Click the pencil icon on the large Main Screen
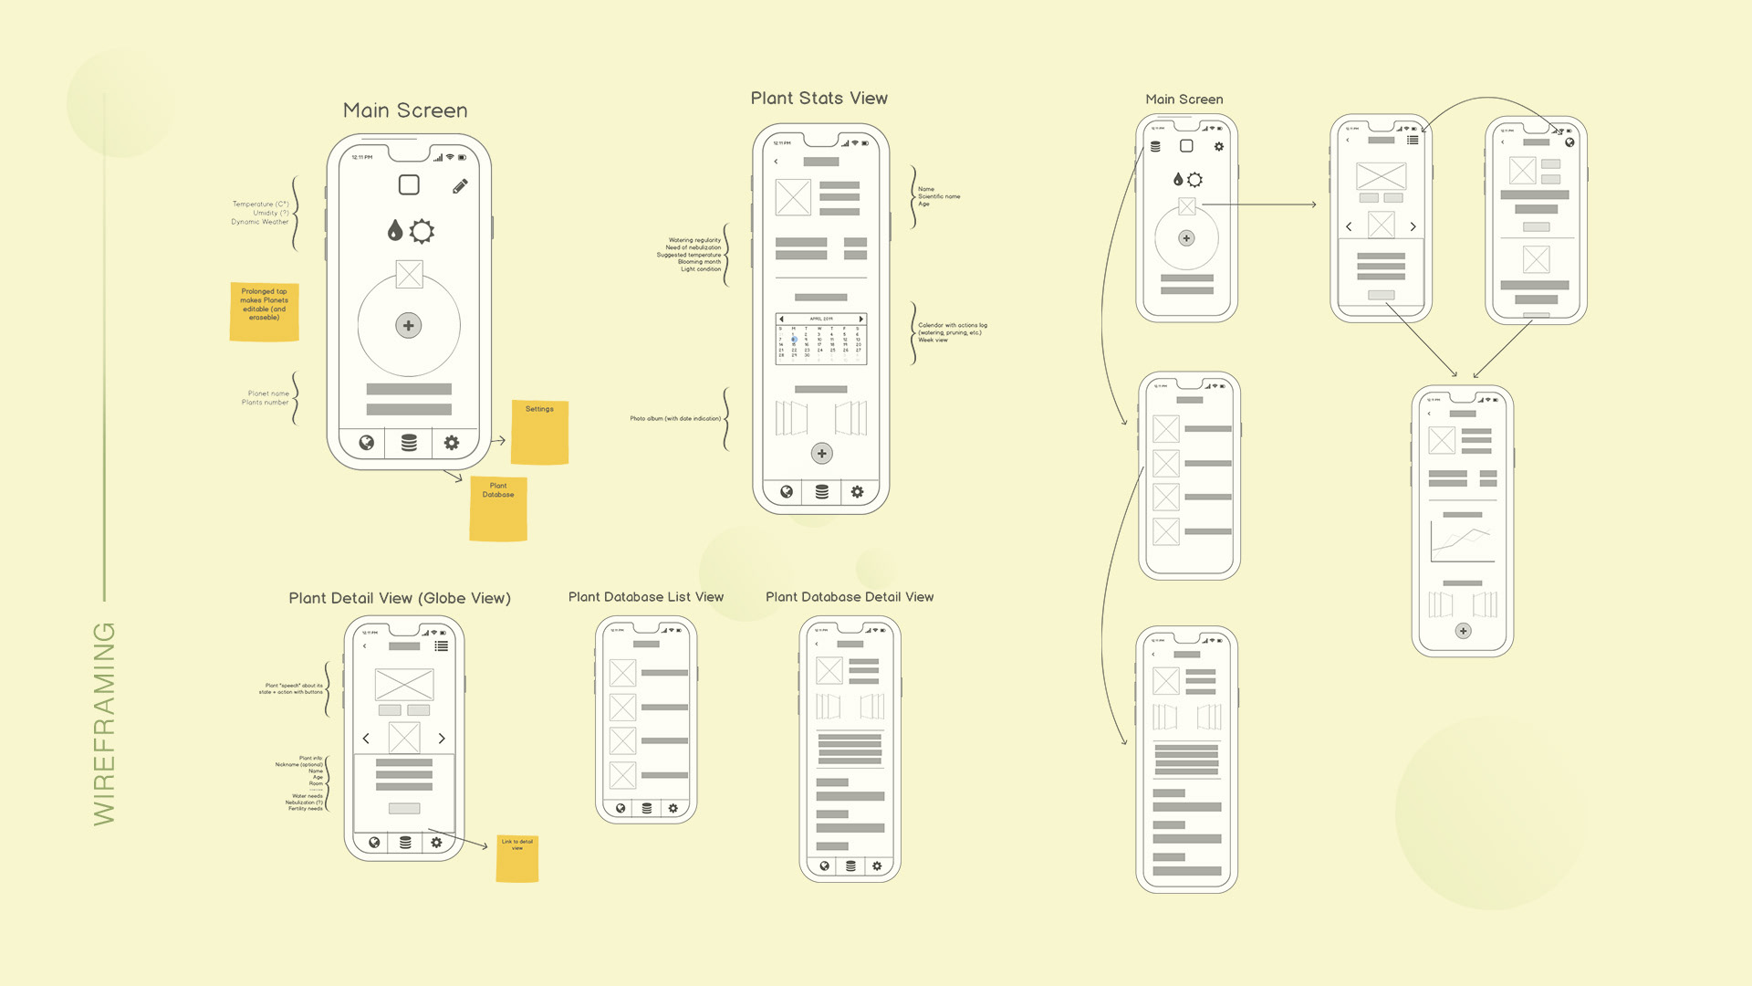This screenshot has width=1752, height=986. click(x=460, y=186)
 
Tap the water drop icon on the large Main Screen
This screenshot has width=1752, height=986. click(x=394, y=230)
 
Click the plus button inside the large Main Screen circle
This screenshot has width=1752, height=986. click(x=408, y=325)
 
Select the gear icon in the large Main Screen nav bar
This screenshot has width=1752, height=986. click(x=451, y=443)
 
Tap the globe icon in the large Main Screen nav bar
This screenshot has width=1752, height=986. click(x=366, y=443)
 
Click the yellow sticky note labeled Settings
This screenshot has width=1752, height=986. click(x=539, y=432)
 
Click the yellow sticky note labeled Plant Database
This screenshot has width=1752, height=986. click(x=498, y=509)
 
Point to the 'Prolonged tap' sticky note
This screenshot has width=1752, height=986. click(x=264, y=311)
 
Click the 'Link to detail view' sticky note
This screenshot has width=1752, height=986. click(x=516, y=858)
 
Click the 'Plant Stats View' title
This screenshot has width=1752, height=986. click(x=819, y=99)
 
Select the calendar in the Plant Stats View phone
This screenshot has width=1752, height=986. click(x=820, y=339)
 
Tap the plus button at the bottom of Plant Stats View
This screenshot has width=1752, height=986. click(x=821, y=453)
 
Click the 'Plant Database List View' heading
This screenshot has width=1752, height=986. click(x=645, y=597)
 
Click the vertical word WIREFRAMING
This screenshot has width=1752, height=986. click(x=105, y=723)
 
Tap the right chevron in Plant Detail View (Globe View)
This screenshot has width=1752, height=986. click(x=442, y=738)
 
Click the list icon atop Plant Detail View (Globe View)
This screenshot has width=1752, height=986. click(x=442, y=645)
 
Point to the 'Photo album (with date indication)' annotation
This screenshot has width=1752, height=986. click(x=675, y=419)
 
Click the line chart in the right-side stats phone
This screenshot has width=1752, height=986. click(x=1462, y=543)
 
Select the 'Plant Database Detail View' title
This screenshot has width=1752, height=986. click(x=849, y=597)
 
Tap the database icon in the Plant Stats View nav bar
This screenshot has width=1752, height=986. click(x=821, y=492)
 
